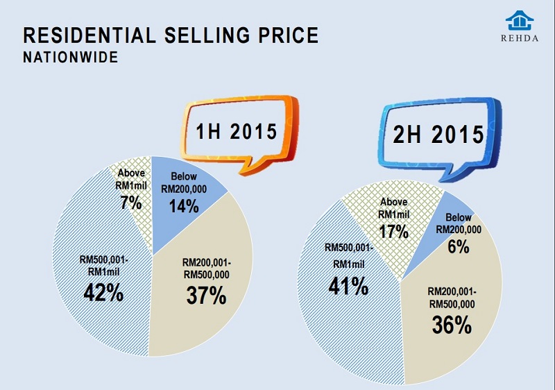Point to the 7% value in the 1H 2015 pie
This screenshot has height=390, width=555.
[130, 203]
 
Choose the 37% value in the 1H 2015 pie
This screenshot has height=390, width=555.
[206, 295]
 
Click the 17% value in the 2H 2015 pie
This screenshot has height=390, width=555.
[393, 230]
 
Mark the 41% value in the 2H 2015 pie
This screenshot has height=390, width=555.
[348, 285]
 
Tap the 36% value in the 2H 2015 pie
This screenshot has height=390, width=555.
[452, 323]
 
